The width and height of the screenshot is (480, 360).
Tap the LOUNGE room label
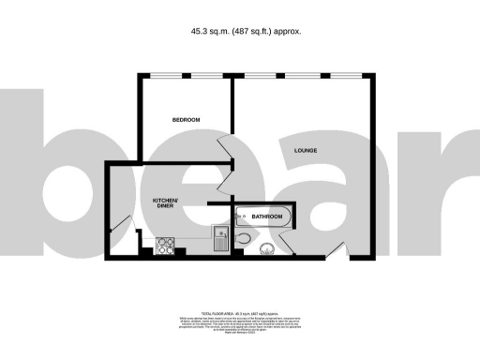pos(305,150)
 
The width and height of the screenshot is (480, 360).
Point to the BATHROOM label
pos(267,217)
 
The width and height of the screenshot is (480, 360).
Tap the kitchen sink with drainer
pos(220,239)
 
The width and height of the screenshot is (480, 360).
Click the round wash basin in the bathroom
pos(266,248)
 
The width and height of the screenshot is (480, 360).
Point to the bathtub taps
pos(242,217)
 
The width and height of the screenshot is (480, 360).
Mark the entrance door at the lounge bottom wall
pos(340,251)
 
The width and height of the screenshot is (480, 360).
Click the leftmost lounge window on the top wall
pos(260,75)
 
